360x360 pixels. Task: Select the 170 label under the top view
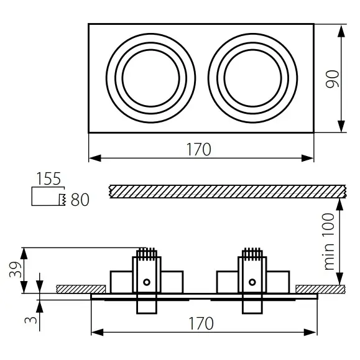pyautogui.click(x=199, y=149)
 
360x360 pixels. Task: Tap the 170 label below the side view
pyautogui.click(x=200, y=323)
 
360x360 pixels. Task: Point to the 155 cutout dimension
pyautogui.click(x=48, y=179)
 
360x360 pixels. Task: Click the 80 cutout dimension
pyautogui.click(x=80, y=200)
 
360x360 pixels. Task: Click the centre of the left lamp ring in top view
pyautogui.click(x=151, y=78)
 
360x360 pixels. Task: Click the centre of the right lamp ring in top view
pyautogui.click(x=253, y=78)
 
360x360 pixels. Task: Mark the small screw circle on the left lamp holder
pyautogui.click(x=146, y=282)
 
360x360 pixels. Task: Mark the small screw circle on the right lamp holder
pyautogui.click(x=251, y=282)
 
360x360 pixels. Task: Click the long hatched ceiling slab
pyautogui.click(x=227, y=191)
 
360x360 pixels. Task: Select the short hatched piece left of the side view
pyautogui.click(x=81, y=288)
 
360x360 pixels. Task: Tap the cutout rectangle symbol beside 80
pyautogui.click(x=47, y=198)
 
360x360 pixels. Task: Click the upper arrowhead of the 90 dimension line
pyautogui.click(x=342, y=29)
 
